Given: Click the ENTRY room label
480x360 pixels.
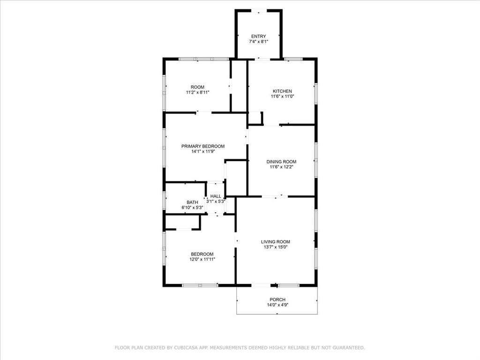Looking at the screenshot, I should (x=258, y=36).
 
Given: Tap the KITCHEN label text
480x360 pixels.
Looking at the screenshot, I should (x=282, y=91).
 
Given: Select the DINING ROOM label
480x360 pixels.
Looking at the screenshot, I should (x=282, y=162).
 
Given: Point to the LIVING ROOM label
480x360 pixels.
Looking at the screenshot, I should (x=276, y=242).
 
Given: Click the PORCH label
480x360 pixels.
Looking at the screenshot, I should (x=277, y=300).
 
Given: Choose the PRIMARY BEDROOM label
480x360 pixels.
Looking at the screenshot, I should (x=203, y=146).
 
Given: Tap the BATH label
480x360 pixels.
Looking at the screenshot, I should (x=192, y=202).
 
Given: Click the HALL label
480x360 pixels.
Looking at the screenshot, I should (x=216, y=196).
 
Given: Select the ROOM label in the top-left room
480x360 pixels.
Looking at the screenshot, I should (x=197, y=87).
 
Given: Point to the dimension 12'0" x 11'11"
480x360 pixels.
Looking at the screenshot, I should (x=202, y=259).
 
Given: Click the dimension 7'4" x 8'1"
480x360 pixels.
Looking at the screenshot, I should (x=258, y=42).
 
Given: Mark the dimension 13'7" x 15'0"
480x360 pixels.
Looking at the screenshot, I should (x=276, y=247).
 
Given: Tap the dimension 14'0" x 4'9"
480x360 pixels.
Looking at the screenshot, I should (x=277, y=305).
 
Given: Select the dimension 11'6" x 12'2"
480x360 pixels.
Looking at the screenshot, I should (x=282, y=167).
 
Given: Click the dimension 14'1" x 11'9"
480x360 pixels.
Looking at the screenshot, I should (x=203, y=151).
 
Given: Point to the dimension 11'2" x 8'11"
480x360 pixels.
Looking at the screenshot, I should (x=197, y=92).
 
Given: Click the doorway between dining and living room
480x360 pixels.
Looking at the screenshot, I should (x=275, y=197).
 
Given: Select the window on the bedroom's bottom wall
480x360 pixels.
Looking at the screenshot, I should (x=199, y=285).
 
